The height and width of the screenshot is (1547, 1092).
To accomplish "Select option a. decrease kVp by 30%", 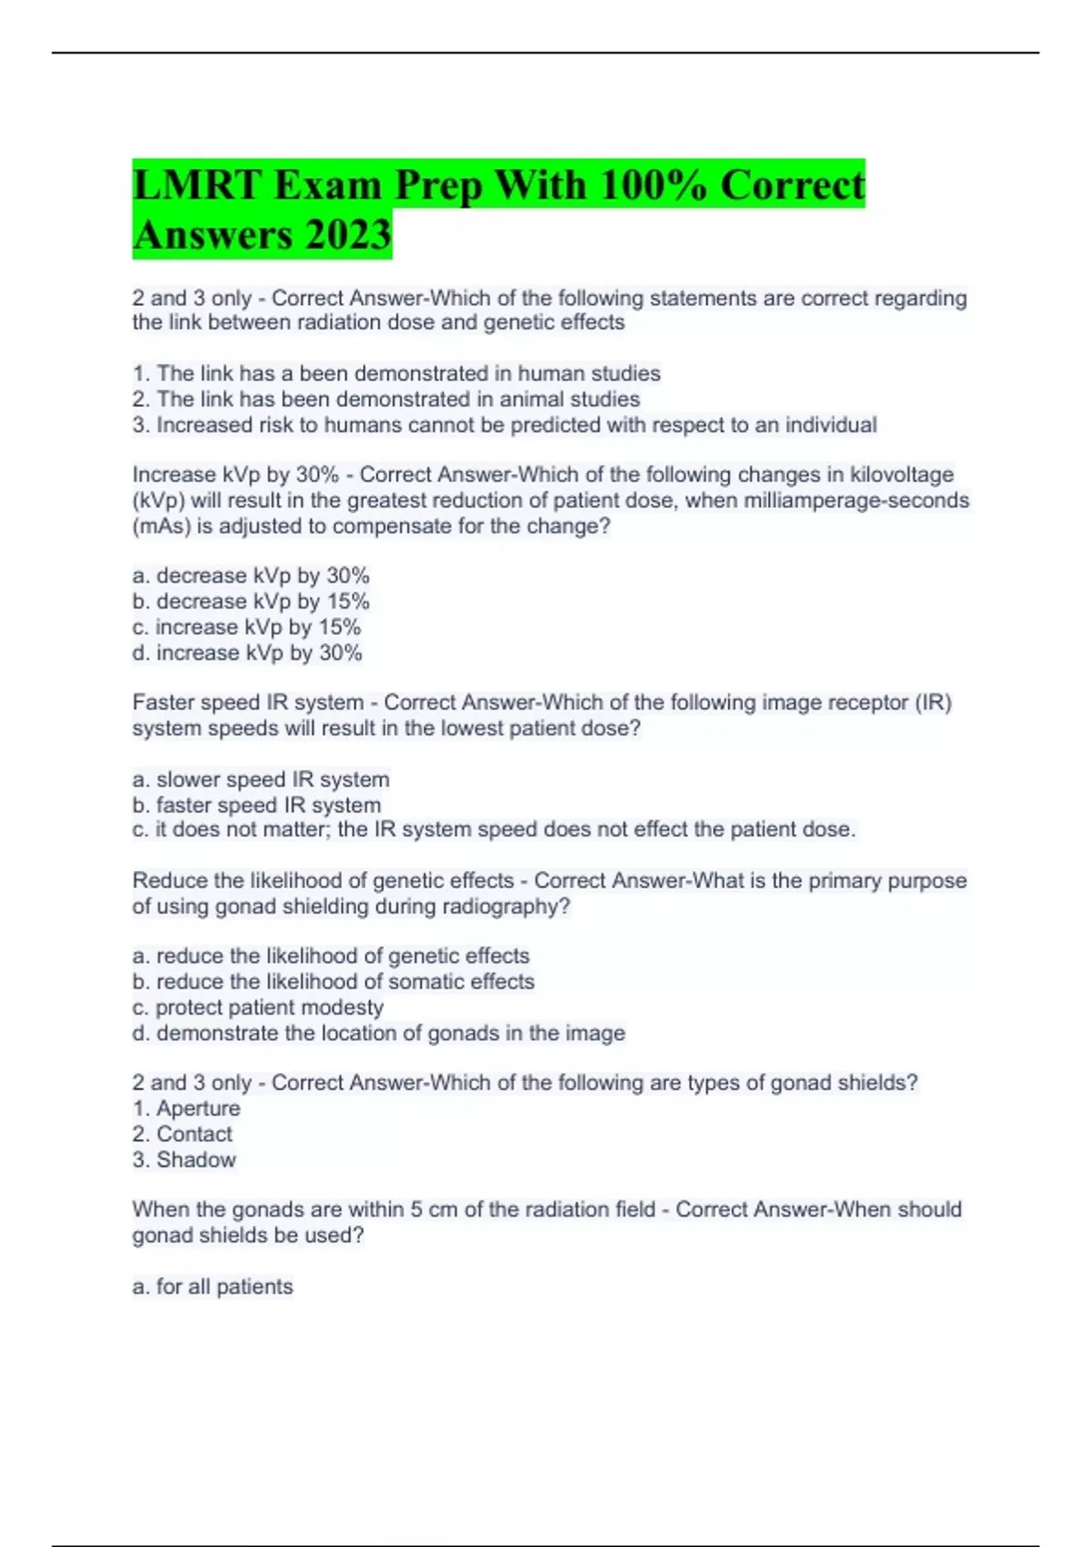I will point(250,576).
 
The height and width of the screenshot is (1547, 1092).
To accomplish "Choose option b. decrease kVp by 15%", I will point(250,602).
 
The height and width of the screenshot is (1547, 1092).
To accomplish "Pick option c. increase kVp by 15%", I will point(247,627).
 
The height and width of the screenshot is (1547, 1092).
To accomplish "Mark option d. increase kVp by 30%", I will point(247,652).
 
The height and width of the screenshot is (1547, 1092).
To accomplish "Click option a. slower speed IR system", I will point(260,779).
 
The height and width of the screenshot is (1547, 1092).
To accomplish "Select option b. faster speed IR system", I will point(257,804).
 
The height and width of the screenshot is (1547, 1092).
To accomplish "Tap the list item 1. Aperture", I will point(187,1108).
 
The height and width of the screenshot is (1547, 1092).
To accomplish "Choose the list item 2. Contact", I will point(182,1134).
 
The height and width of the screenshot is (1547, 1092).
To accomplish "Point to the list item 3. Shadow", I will point(184,1159).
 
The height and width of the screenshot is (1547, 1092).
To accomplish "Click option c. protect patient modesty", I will point(258,1007).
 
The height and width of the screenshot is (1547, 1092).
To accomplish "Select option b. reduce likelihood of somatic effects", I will point(333,982).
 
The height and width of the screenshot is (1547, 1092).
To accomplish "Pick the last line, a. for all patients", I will point(212,1287).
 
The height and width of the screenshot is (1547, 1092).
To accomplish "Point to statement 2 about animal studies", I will point(386,399).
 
